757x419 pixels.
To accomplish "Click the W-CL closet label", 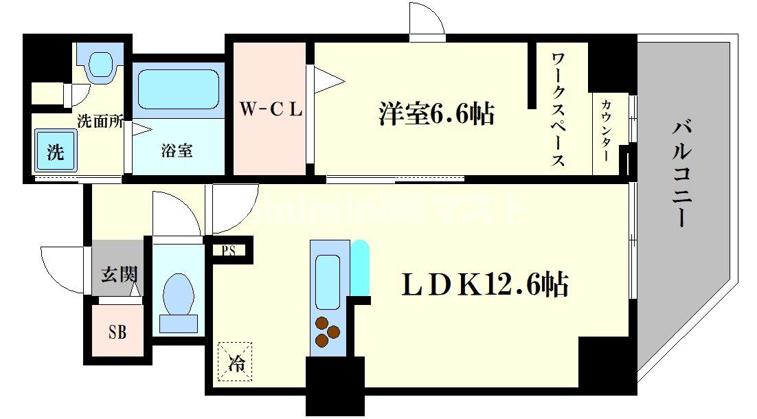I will (x=270, y=110).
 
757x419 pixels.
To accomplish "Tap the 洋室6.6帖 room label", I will (x=436, y=113).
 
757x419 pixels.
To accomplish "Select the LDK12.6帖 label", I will (x=485, y=284).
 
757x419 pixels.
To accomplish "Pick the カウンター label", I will (x=607, y=130).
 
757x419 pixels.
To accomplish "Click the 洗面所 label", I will (x=100, y=122).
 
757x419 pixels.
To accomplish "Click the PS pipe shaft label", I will (x=228, y=251).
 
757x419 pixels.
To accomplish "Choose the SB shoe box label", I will (x=117, y=334).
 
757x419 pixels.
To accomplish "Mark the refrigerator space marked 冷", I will (x=235, y=360).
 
